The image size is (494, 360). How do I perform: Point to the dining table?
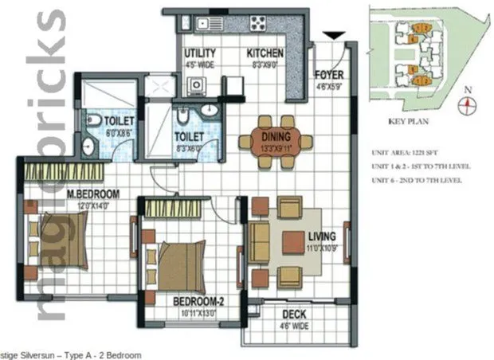click(x=276, y=142)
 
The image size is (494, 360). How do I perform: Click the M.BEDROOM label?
click(x=71, y=194)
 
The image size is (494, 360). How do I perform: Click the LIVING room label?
click(x=322, y=237)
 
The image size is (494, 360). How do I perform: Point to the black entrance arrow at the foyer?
click(x=335, y=35)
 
